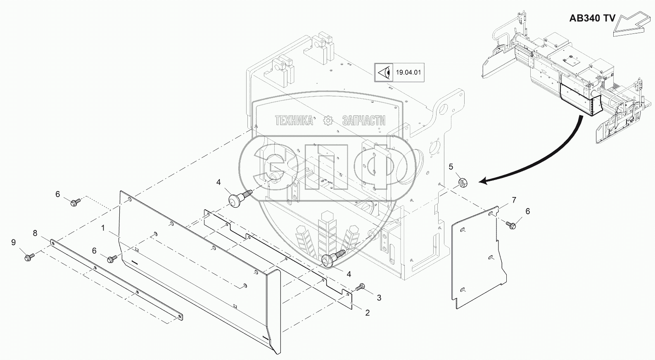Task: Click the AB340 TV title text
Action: [592, 18]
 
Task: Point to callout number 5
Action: [451, 166]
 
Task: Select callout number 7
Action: [513, 200]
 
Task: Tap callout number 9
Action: [13, 242]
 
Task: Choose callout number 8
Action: [35, 233]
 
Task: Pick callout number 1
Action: [103, 227]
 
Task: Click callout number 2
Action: [367, 313]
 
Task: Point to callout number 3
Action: [378, 298]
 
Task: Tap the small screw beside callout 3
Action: [361, 286]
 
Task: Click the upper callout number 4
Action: [218, 182]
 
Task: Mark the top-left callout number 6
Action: [58, 194]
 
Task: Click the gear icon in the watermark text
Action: [328, 121]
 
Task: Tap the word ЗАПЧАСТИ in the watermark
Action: [363, 121]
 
